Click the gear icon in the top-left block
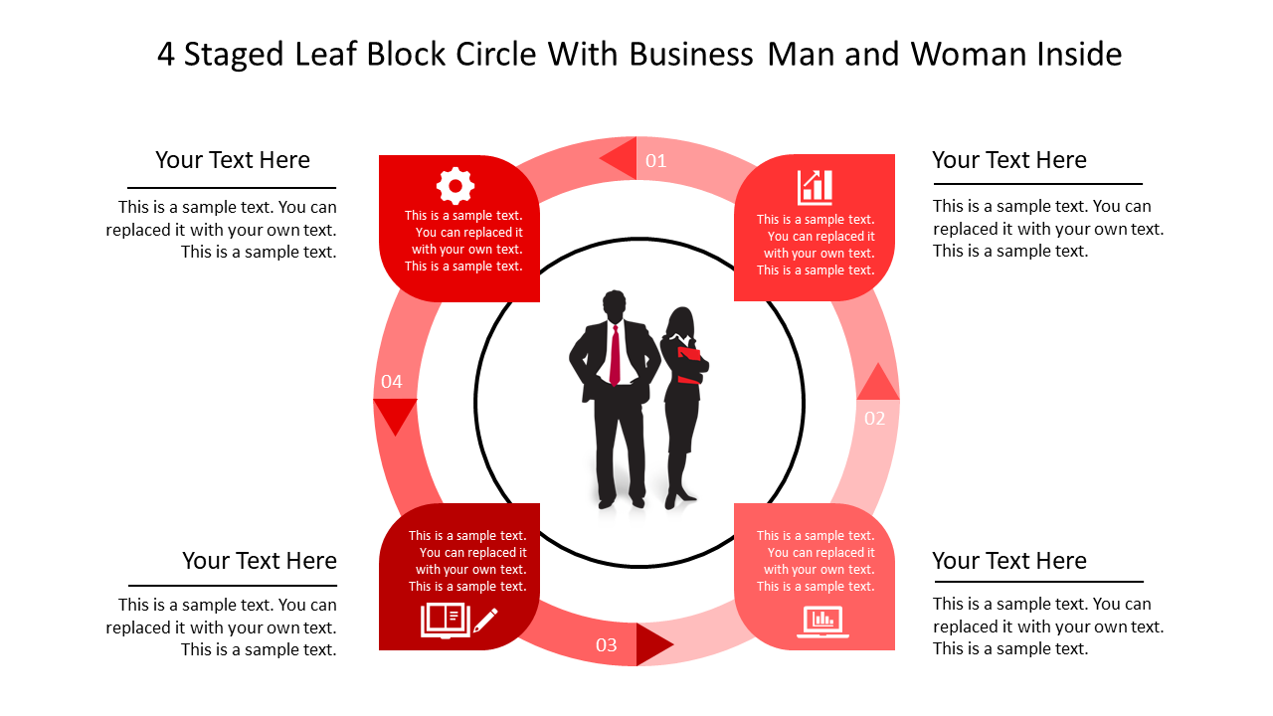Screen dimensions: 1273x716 (455, 186)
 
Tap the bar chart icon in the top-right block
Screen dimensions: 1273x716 (815, 187)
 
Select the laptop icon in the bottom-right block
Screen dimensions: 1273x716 (822, 622)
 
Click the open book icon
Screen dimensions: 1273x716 (445, 620)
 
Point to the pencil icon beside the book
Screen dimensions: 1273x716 (485, 621)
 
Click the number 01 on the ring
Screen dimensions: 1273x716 (656, 161)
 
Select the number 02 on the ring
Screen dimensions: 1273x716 (874, 419)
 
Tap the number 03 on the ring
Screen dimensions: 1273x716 (607, 645)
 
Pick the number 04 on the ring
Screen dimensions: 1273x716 (392, 382)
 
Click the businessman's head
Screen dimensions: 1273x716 (615, 305)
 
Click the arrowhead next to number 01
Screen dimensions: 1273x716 (621, 158)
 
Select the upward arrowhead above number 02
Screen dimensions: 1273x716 (877, 384)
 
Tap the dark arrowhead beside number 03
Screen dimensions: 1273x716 (652, 644)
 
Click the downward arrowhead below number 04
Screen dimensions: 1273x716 (395, 414)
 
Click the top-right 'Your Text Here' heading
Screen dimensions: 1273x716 (1008, 160)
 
